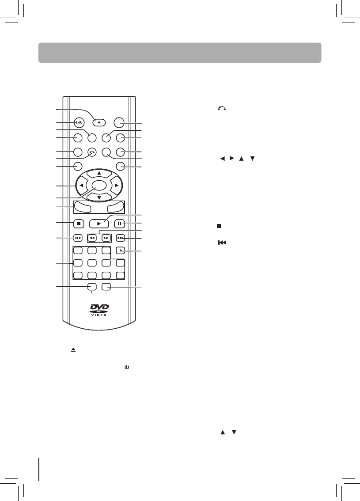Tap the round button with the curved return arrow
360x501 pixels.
tap(92, 152)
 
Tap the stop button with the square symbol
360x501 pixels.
tap(78, 224)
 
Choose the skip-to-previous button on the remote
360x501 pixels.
tap(78, 238)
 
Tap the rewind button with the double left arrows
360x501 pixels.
tap(92, 238)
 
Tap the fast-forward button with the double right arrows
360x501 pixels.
tap(106, 238)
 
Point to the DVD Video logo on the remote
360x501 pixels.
tap(99, 309)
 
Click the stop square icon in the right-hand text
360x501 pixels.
tap(218, 226)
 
